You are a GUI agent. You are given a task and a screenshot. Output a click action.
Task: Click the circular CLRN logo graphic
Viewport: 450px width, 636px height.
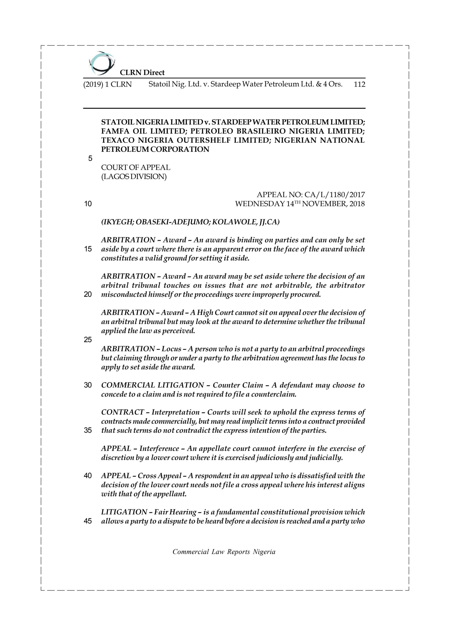tap(102, 63)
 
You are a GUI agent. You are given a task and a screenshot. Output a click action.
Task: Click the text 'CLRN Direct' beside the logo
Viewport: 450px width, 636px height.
tap(142, 73)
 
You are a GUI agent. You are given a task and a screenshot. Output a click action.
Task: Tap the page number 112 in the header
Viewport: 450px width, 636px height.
tap(359, 84)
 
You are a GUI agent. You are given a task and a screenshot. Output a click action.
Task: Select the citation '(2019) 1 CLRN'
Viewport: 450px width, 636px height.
tap(108, 84)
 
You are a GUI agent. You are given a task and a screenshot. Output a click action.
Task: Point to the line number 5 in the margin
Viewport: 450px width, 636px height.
tap(90, 159)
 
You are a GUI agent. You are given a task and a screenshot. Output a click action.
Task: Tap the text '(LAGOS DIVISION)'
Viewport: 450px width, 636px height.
tap(134, 176)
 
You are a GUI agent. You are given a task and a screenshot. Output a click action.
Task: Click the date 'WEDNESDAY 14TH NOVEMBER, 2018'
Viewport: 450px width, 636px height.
tap(300, 204)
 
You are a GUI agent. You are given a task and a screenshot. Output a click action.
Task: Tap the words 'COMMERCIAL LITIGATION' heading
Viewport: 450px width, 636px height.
tap(152, 385)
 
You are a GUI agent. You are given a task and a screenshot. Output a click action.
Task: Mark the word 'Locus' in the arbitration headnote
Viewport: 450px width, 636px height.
tap(171, 349)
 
